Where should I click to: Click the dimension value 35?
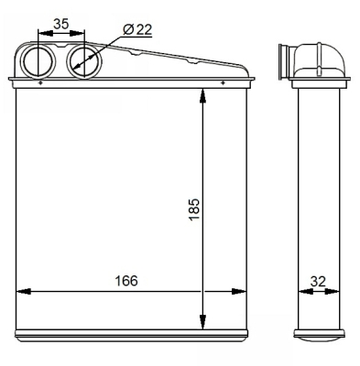(61, 24)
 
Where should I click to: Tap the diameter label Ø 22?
(137, 29)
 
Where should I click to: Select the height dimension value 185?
(194, 210)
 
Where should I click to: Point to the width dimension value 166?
(126, 281)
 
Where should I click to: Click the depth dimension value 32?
(318, 281)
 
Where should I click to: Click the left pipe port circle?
(38, 61)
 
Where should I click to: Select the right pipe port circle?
(84, 61)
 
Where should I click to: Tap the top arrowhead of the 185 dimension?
(202, 97)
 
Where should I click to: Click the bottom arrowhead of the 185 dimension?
(202, 321)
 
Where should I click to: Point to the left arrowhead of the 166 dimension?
(23, 291)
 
